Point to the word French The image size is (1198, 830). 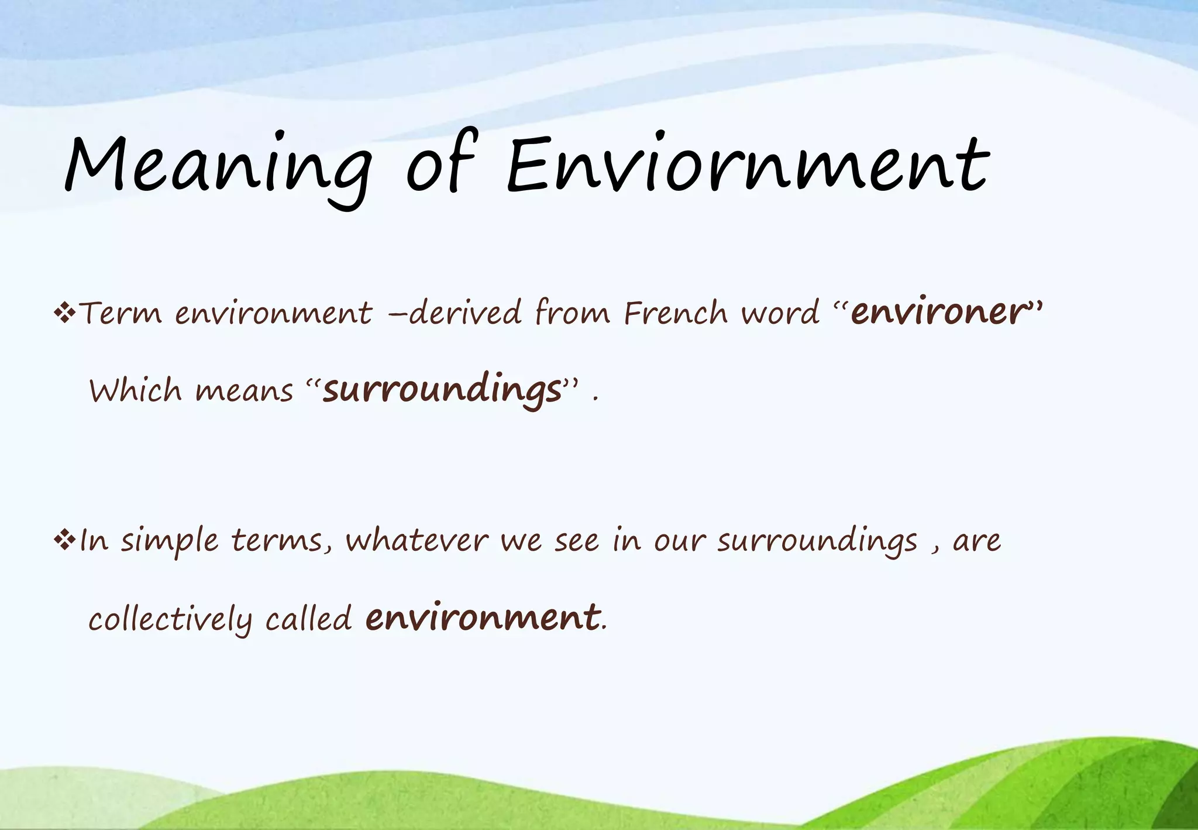pos(676,313)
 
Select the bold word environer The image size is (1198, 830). pos(939,311)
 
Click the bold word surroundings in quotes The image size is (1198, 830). pos(443,390)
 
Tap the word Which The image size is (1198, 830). pos(135,390)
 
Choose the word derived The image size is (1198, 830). pos(465,313)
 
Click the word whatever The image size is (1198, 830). pos(416,540)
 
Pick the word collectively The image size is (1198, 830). pos(170,619)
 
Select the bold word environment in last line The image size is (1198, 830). pos(483,618)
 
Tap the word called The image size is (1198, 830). pos(308,619)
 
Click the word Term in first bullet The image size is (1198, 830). pos(120,313)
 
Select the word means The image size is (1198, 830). pos(244,391)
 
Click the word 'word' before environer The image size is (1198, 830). pos(780,313)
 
